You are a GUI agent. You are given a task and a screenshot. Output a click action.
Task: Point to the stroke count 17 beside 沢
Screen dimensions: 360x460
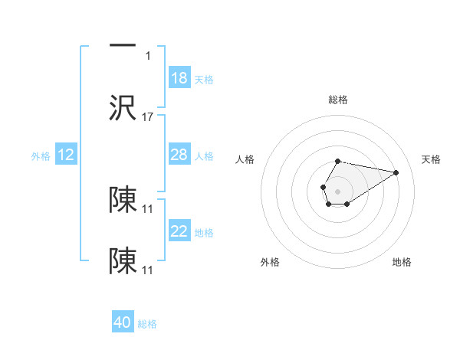coord(149,117)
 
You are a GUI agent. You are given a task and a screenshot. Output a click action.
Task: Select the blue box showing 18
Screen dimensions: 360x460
coord(179,78)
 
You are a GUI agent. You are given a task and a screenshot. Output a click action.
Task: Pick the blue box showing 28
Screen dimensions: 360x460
coord(179,155)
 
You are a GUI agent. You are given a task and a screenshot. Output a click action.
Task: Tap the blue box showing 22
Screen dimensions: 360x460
coord(179,231)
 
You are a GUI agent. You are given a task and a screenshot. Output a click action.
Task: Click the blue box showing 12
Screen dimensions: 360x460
coord(66,155)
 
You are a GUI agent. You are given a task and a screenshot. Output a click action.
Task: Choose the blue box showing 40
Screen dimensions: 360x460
coord(123,322)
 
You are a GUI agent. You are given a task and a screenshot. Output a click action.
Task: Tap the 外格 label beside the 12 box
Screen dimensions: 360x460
coord(41,156)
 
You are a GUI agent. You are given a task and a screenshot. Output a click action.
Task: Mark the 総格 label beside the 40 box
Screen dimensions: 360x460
coord(147,324)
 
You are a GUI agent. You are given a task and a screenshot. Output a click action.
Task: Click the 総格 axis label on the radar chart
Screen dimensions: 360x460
coord(338,100)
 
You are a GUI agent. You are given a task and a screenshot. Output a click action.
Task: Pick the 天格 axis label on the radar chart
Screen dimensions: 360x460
coord(431,159)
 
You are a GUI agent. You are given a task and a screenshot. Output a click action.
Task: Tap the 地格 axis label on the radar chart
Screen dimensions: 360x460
coord(402,262)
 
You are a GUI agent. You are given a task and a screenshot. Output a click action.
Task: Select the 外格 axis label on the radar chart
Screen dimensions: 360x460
coord(270,262)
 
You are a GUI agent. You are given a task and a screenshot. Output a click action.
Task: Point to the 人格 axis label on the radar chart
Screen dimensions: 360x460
coord(245,159)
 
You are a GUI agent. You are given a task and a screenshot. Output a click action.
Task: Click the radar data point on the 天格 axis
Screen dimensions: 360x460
coord(396,172)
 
